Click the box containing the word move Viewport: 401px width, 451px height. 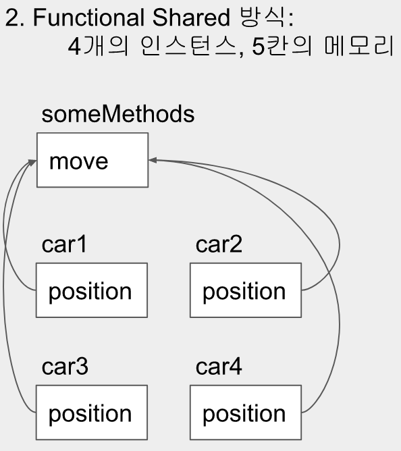tap(92, 160)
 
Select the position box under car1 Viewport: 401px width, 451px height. tap(92, 290)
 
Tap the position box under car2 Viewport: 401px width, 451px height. tap(246, 290)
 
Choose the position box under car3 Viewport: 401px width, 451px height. tap(92, 413)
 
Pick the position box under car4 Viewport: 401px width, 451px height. tap(246, 413)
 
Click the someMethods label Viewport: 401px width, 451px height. tap(118, 114)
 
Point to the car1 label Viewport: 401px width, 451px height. tap(64, 244)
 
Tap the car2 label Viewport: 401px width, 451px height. tap(219, 244)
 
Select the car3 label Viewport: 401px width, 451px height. tap(65, 367)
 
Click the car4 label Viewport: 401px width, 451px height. tap(219, 367)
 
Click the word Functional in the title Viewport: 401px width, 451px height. tap(88, 18)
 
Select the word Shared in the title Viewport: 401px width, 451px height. tap(191, 18)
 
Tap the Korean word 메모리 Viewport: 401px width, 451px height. tap(359, 46)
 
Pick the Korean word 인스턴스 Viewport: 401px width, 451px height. tap(188, 46)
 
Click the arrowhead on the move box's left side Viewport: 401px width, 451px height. tap(32, 162)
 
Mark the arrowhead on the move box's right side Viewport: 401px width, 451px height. tap(153, 160)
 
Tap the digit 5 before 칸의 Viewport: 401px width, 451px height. tap(258, 47)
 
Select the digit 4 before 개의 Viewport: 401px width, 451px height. tap(74, 47)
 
